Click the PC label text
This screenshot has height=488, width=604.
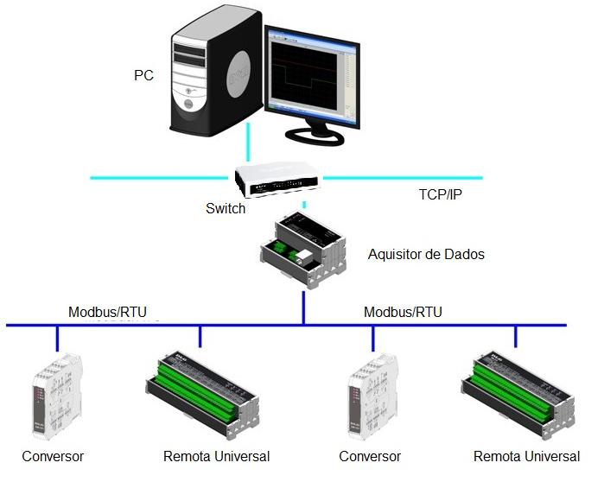(143, 75)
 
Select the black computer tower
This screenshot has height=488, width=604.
(216, 73)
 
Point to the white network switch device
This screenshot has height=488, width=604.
(277, 180)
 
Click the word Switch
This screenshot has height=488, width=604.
(226, 208)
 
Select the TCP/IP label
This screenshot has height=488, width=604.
(441, 194)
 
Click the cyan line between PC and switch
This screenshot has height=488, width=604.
(248, 142)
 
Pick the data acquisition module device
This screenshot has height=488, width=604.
(303, 250)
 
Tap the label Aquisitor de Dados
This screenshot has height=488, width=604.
(426, 254)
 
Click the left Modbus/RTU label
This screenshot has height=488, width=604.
(107, 312)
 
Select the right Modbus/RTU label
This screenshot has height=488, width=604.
(403, 312)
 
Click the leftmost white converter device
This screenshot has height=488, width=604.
(57, 396)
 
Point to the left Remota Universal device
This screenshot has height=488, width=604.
(202, 396)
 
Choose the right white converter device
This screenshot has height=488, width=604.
(372, 396)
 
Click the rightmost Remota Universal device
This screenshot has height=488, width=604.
(518, 396)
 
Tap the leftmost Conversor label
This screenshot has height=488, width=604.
(53, 456)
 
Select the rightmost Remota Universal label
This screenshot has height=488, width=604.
(526, 456)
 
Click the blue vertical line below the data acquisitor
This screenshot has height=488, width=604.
(303, 307)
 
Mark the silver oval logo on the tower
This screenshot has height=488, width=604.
(238, 74)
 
